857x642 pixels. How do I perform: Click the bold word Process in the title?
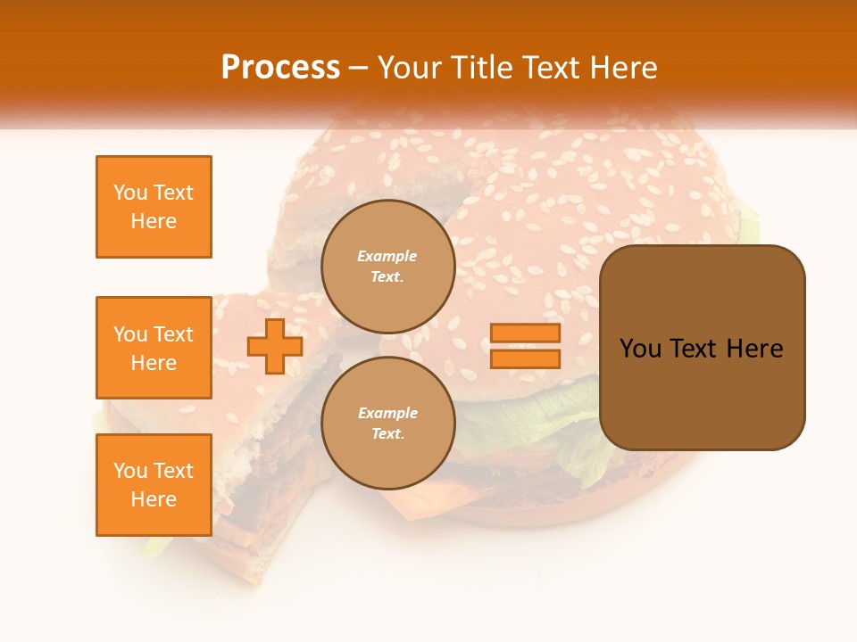pyautogui.click(x=280, y=67)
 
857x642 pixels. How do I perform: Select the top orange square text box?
pyautogui.click(x=154, y=207)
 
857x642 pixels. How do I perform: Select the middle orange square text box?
pyautogui.click(x=154, y=348)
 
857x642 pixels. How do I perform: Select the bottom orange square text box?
pyautogui.click(x=154, y=485)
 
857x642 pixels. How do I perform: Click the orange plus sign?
pyautogui.click(x=275, y=346)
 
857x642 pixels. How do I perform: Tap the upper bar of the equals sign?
pyautogui.click(x=526, y=333)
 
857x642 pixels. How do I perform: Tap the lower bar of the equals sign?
pyautogui.click(x=526, y=358)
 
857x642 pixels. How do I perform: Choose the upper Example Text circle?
pyautogui.click(x=387, y=266)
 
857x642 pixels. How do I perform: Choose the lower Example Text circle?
pyautogui.click(x=387, y=423)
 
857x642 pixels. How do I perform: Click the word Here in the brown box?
pyautogui.click(x=754, y=349)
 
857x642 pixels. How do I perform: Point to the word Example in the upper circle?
pyautogui.click(x=387, y=256)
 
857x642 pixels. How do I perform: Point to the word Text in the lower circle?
pyautogui.click(x=387, y=433)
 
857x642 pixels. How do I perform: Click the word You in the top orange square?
pyautogui.click(x=130, y=193)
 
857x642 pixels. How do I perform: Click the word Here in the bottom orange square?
pyautogui.click(x=154, y=499)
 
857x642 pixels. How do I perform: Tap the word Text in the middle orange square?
pyautogui.click(x=173, y=334)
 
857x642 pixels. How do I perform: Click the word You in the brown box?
pyautogui.click(x=640, y=349)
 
